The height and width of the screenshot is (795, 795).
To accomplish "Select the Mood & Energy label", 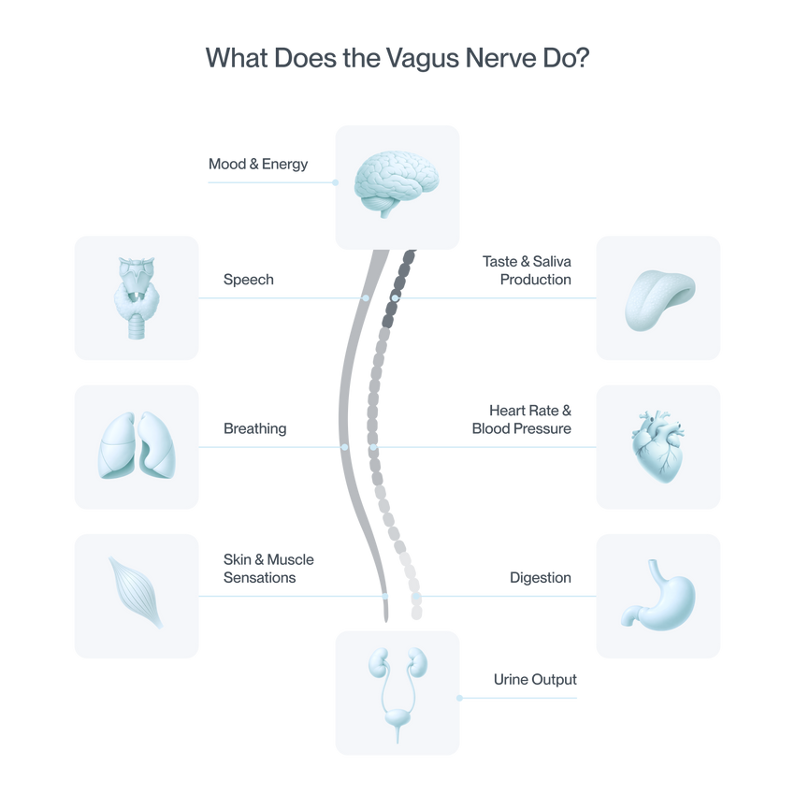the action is click(258, 165).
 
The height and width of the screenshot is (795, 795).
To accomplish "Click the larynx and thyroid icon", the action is click(137, 297).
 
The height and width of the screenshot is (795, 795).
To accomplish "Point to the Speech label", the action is click(249, 280).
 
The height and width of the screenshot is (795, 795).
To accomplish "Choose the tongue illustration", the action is click(659, 300).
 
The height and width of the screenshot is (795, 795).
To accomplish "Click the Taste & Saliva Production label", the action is click(527, 270).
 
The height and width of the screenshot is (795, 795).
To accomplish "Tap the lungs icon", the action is click(137, 445).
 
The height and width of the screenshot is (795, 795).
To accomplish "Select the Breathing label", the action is click(255, 428).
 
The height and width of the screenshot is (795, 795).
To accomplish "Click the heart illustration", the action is click(658, 447).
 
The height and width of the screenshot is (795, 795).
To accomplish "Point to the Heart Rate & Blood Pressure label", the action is click(522, 419).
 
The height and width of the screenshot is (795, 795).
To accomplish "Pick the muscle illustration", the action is click(136, 592).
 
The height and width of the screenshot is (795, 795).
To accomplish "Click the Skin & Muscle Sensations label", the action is click(268, 569).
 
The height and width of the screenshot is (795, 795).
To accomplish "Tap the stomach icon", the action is click(659, 595).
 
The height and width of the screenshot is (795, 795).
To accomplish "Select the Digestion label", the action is click(541, 577).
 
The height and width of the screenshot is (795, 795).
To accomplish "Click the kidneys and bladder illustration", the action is click(397, 695).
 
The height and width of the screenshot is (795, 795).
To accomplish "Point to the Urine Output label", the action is click(535, 679).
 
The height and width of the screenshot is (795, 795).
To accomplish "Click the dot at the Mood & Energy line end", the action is click(335, 182).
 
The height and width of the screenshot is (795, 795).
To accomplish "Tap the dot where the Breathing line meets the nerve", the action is click(345, 447).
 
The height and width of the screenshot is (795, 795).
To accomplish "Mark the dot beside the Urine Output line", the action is click(459, 698).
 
